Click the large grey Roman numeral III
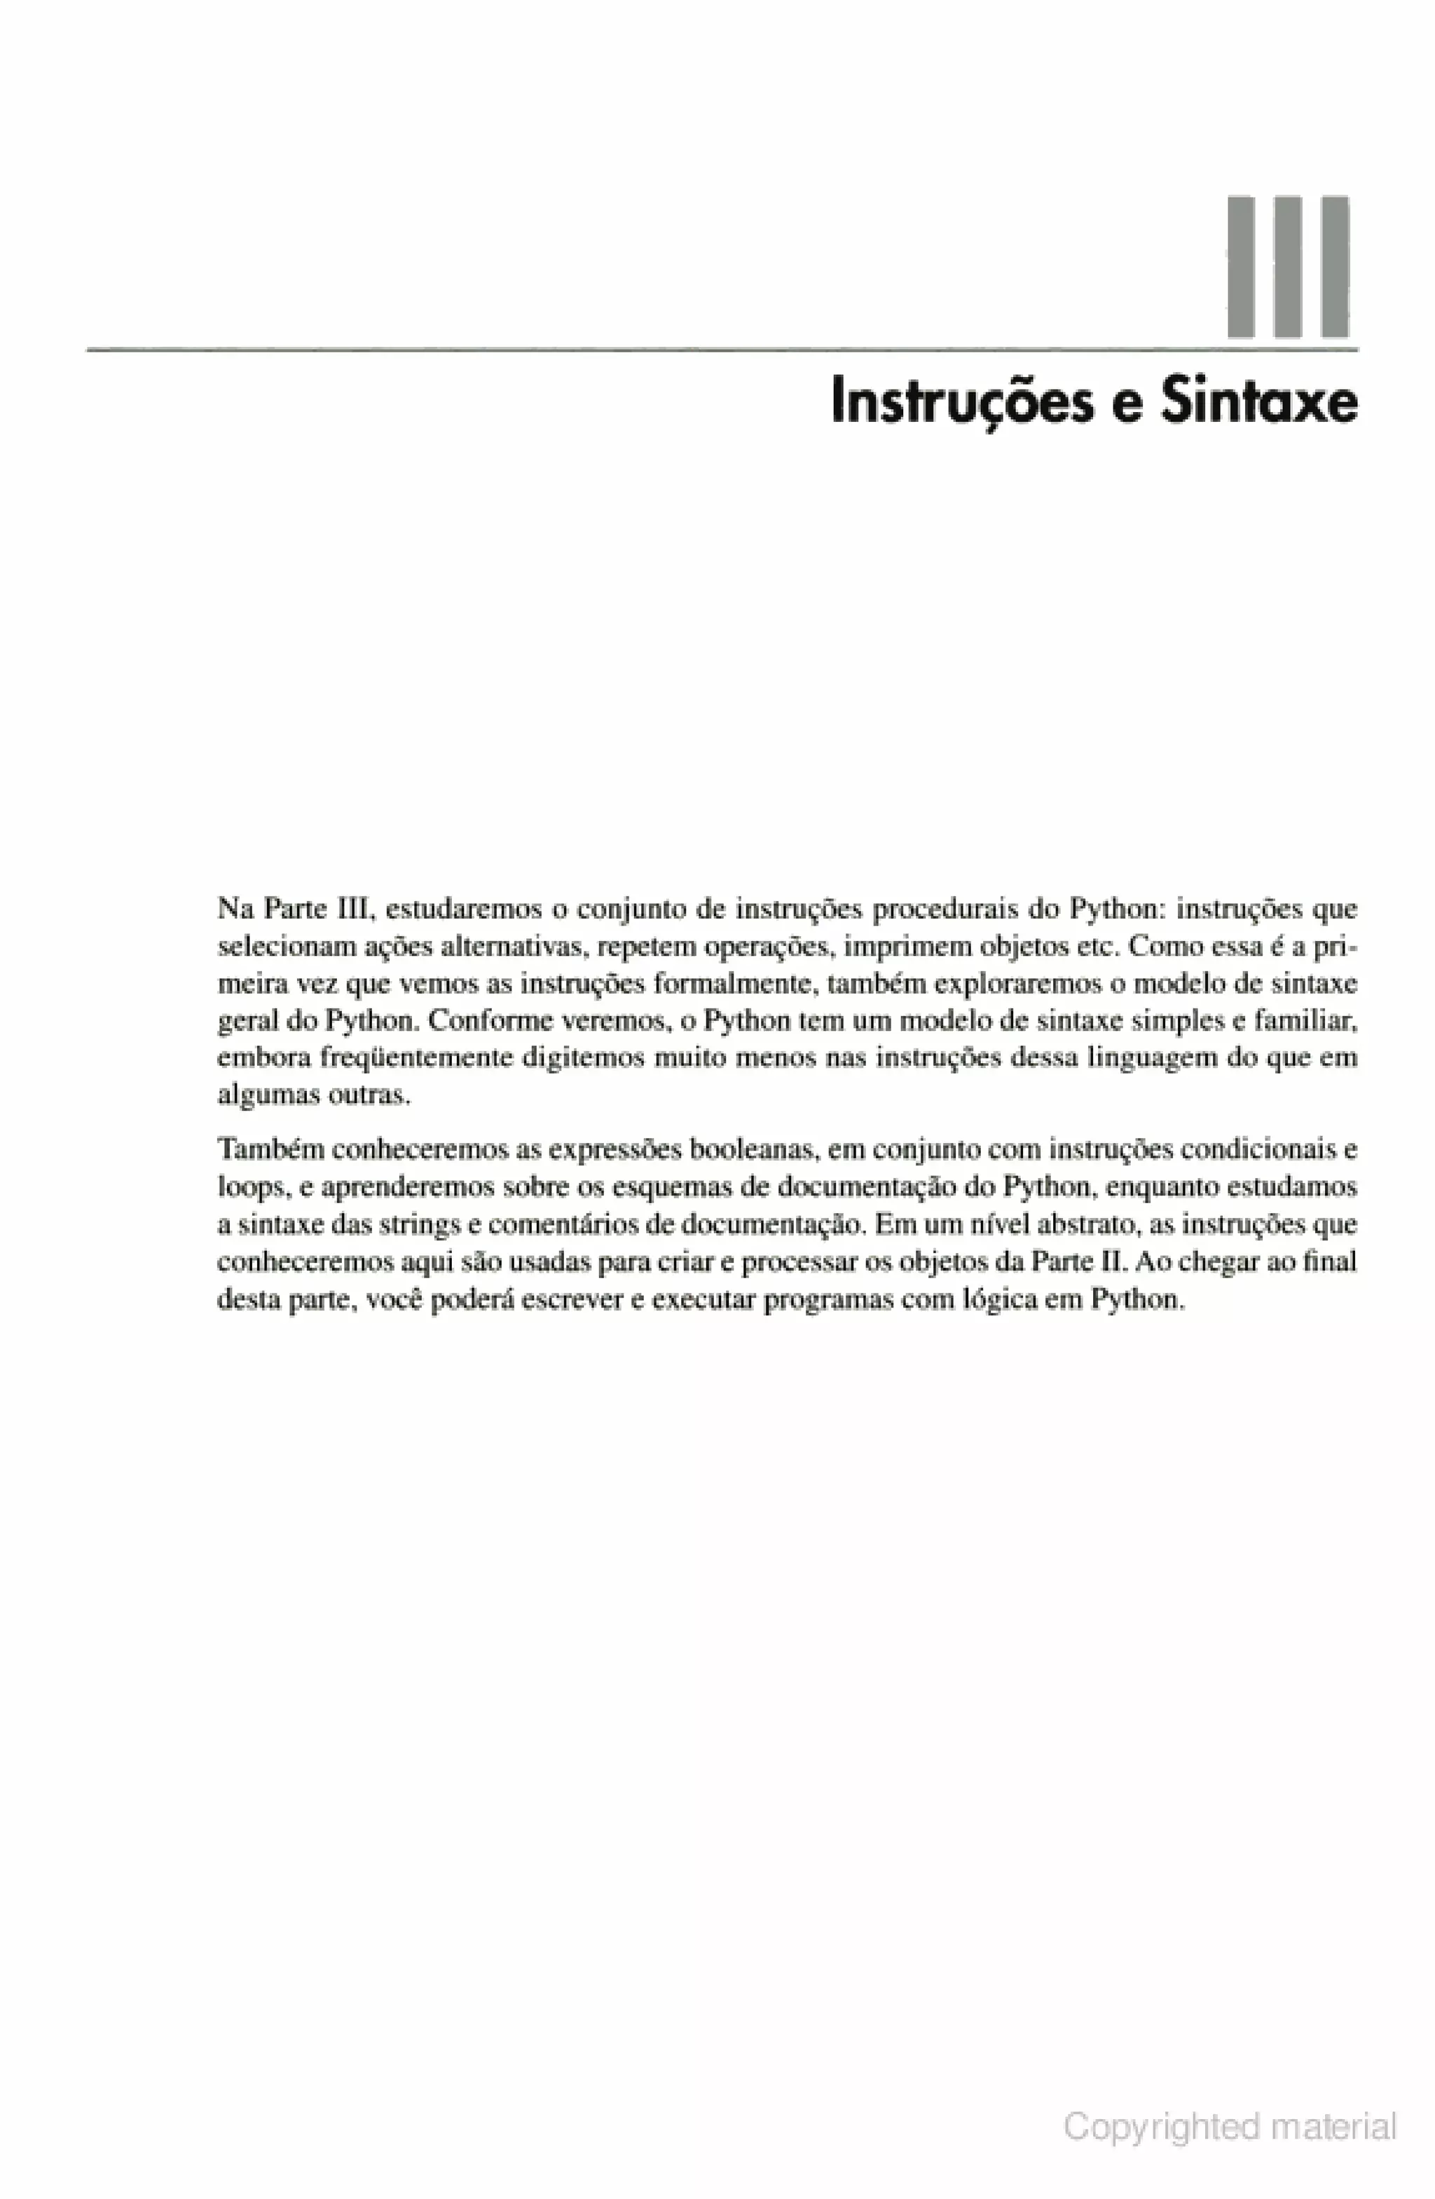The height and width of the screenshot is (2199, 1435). pyautogui.click(x=1286, y=266)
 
